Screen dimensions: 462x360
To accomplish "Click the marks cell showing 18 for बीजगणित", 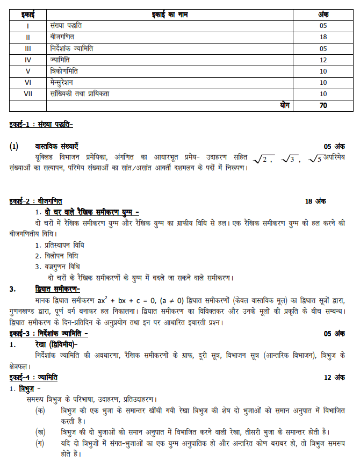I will click(x=323, y=37).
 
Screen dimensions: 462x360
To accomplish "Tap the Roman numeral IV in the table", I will click(x=28, y=60).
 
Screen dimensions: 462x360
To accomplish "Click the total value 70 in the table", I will click(x=323, y=105).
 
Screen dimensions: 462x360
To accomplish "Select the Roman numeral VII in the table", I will click(x=28, y=93).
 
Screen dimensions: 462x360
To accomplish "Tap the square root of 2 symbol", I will click(x=264, y=158).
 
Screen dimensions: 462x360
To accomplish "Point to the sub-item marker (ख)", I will click(x=40, y=432).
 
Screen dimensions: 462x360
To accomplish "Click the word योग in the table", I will click(x=285, y=105).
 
